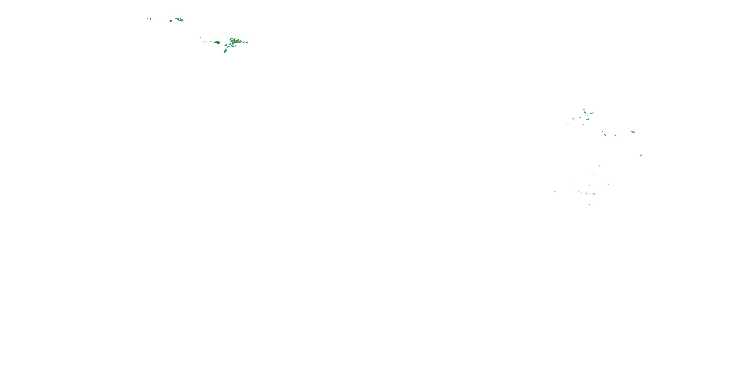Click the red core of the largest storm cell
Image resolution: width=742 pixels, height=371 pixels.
click(236, 41)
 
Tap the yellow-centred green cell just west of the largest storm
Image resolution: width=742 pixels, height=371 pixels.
click(217, 43)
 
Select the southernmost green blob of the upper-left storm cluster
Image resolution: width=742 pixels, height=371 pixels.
click(225, 51)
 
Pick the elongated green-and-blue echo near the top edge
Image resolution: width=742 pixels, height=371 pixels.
click(179, 19)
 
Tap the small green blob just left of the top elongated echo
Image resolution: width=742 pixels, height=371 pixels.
click(171, 21)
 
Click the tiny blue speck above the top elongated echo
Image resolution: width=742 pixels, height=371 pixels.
click(178, 14)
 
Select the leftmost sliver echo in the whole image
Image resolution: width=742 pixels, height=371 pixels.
click(147, 18)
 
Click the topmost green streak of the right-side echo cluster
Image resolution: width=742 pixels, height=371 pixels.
click(584, 110)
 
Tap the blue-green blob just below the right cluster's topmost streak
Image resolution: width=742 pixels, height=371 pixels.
click(585, 112)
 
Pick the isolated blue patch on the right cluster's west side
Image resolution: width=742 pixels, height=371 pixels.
click(574, 119)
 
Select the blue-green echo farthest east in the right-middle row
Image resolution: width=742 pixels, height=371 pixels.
click(633, 132)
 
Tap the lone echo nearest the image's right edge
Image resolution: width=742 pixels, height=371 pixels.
click(641, 156)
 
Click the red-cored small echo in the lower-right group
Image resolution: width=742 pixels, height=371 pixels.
click(594, 194)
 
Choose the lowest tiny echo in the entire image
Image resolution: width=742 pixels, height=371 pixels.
click(590, 204)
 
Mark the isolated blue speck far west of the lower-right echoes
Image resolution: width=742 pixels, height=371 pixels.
click(555, 191)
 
